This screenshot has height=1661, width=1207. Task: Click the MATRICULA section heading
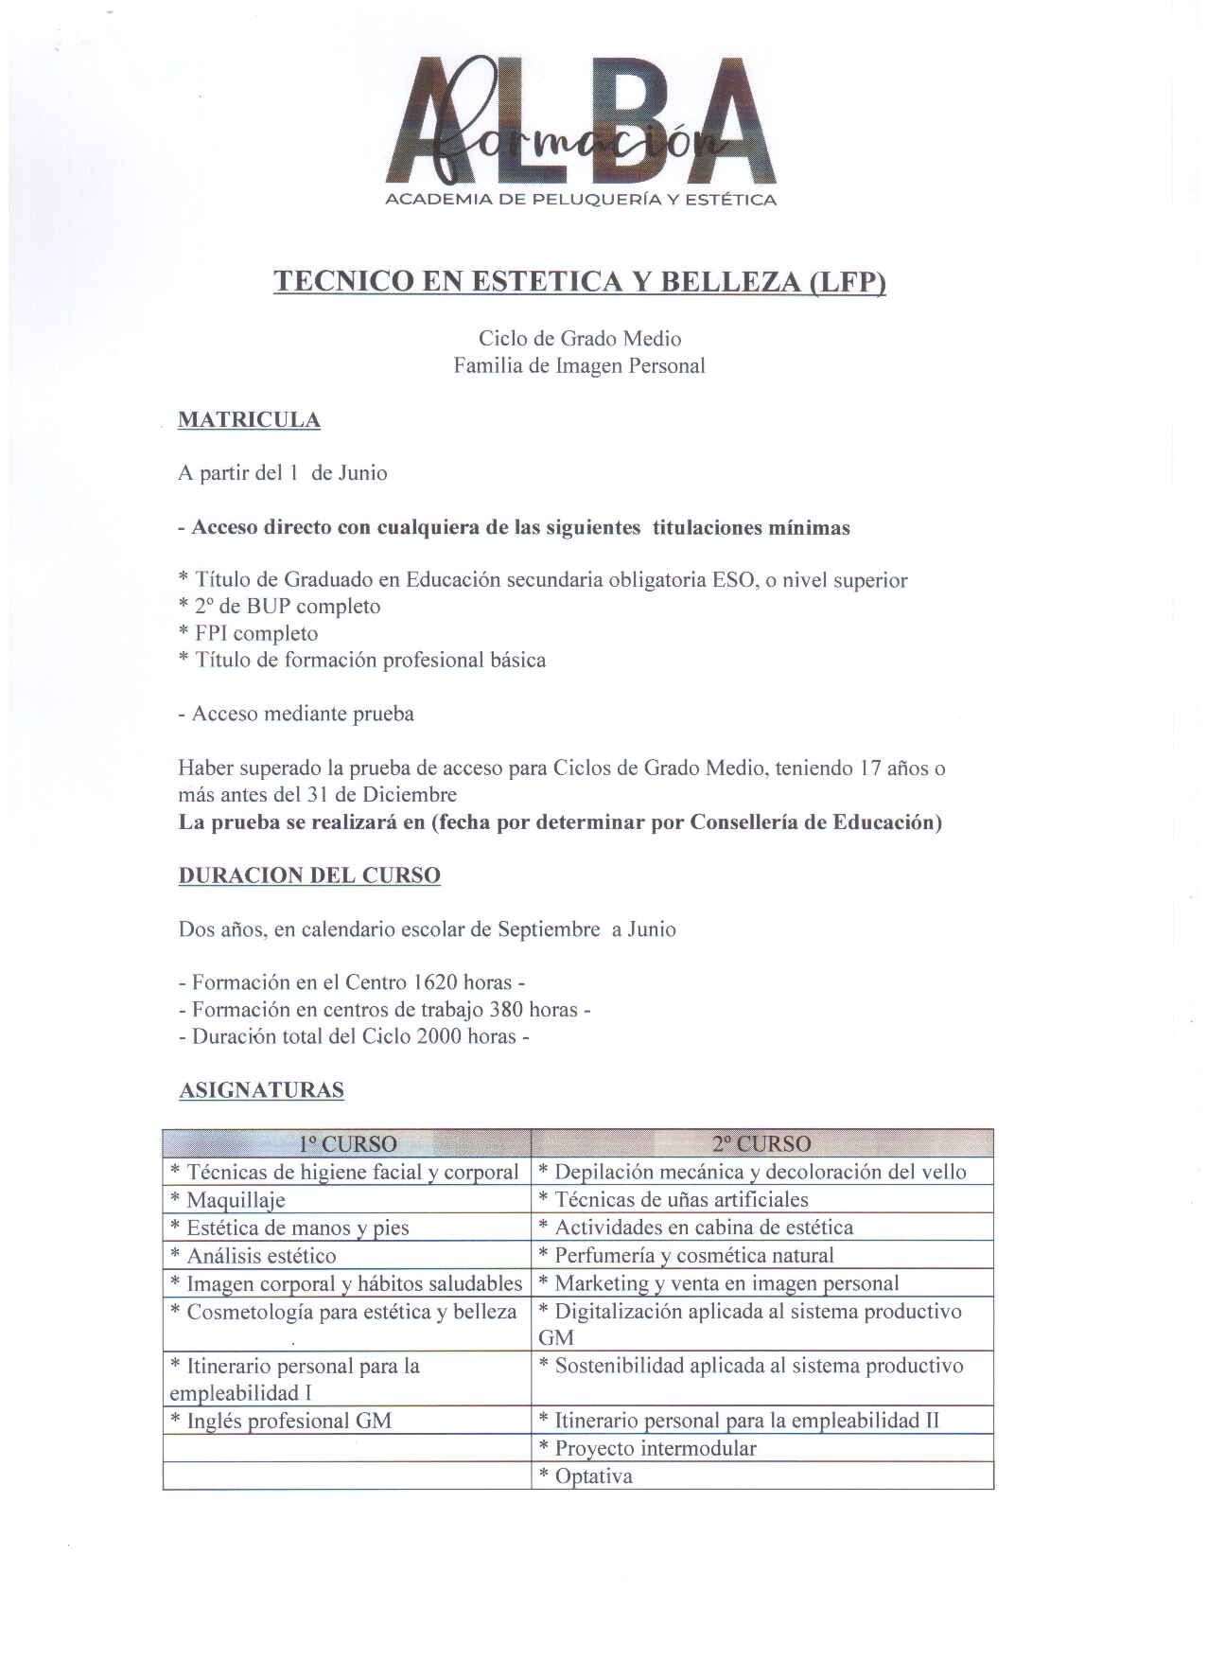[x=249, y=420]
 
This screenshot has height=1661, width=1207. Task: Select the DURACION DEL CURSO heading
[x=309, y=875]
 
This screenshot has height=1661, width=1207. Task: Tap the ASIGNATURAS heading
[x=261, y=1090]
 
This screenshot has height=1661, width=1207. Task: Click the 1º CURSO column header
[x=347, y=1143]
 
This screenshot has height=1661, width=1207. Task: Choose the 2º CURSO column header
[x=761, y=1143]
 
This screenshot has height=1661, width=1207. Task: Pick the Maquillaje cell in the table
[x=236, y=1200]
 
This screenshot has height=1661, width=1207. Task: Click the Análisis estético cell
[x=261, y=1256]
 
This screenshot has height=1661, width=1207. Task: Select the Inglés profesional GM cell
[x=289, y=1421]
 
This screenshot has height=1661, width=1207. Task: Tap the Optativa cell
[x=593, y=1476]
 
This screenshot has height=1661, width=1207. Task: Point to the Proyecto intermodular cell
[x=655, y=1448]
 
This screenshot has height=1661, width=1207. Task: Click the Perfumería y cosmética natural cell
[x=693, y=1255]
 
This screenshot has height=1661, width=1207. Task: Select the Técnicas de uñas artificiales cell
[x=681, y=1199]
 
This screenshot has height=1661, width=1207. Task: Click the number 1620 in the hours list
[x=435, y=982]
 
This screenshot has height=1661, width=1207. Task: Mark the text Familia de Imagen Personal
[x=579, y=365]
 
